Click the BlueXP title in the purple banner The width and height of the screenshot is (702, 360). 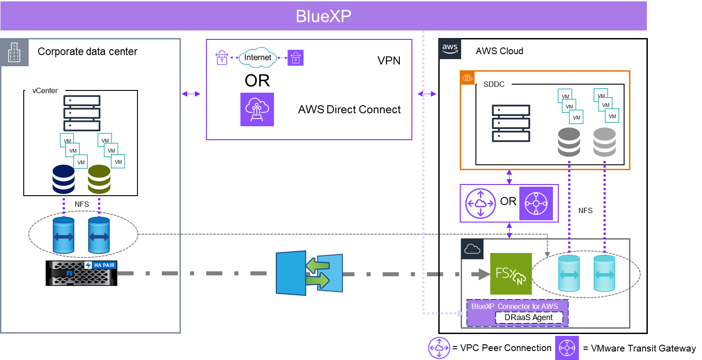coord(323,16)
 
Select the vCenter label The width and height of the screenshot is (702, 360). coord(45,90)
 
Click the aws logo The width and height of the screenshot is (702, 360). coord(449,48)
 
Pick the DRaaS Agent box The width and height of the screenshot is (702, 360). coord(528,317)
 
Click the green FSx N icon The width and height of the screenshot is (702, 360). coord(511,274)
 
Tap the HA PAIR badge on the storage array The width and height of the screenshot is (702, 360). coord(100,265)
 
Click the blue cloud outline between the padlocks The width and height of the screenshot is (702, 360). coord(257,58)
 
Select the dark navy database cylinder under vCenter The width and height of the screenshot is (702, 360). coord(64,179)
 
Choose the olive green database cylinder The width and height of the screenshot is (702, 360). coord(99,179)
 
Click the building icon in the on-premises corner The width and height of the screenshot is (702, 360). coord(14,52)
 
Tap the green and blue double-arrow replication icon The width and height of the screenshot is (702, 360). coord(309,273)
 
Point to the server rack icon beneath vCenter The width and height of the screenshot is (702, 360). coord(82,113)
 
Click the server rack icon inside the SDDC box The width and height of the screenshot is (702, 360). coord(511,123)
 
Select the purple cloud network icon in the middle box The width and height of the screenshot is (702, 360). coord(257,109)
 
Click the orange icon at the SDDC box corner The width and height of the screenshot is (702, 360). coord(467,78)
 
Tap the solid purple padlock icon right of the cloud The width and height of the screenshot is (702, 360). coord(295,58)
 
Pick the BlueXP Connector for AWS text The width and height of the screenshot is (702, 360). coord(514,306)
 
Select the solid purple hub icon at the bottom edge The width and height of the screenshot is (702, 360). coord(567,348)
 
